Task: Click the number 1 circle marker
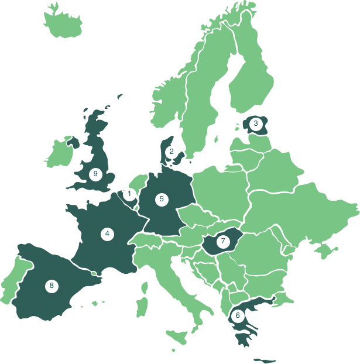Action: (129, 193)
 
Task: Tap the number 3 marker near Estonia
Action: (255, 123)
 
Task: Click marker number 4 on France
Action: (107, 233)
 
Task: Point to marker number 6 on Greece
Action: (237, 315)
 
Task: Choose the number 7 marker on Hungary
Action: (222, 241)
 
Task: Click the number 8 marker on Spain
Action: (52, 286)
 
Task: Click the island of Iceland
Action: (64, 23)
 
